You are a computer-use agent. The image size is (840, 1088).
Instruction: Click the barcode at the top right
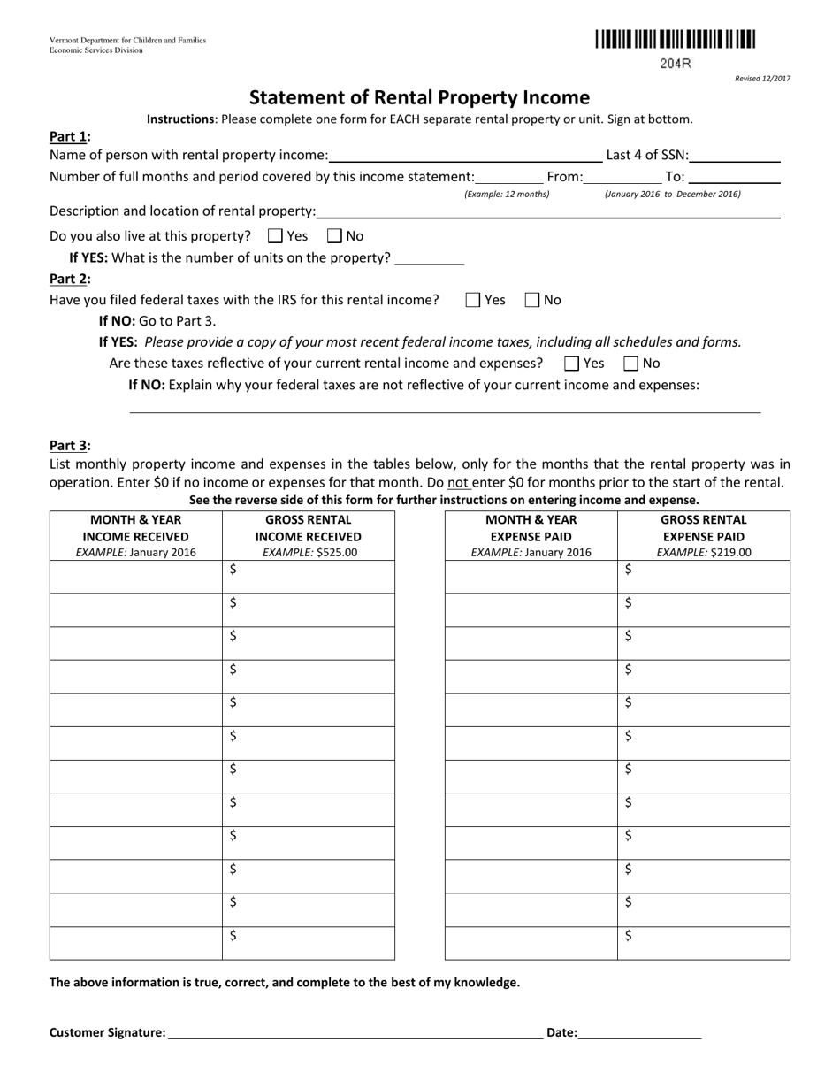[x=676, y=39]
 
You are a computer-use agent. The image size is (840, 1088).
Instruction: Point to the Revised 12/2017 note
[x=762, y=79]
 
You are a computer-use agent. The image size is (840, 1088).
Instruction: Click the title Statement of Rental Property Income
[x=419, y=97]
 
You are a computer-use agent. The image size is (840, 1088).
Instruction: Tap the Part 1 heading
[x=69, y=136]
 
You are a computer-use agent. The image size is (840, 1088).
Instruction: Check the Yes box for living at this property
[x=275, y=236]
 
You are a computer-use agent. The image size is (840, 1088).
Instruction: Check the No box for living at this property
[x=335, y=236]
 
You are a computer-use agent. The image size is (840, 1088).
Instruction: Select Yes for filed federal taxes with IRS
[x=473, y=300]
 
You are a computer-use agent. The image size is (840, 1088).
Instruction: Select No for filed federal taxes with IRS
[x=532, y=300]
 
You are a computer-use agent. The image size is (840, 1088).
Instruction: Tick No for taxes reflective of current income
[x=631, y=363]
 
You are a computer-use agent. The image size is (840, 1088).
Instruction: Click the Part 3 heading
[x=69, y=446]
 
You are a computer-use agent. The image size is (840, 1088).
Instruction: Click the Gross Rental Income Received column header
[x=308, y=528]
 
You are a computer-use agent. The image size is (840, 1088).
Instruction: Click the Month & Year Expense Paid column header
[x=531, y=528]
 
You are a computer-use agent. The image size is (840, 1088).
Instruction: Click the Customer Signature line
[x=355, y=1032]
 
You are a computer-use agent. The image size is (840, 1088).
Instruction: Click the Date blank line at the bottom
[x=639, y=1032]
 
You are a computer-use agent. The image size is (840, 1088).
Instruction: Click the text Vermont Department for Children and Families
[x=127, y=41]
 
